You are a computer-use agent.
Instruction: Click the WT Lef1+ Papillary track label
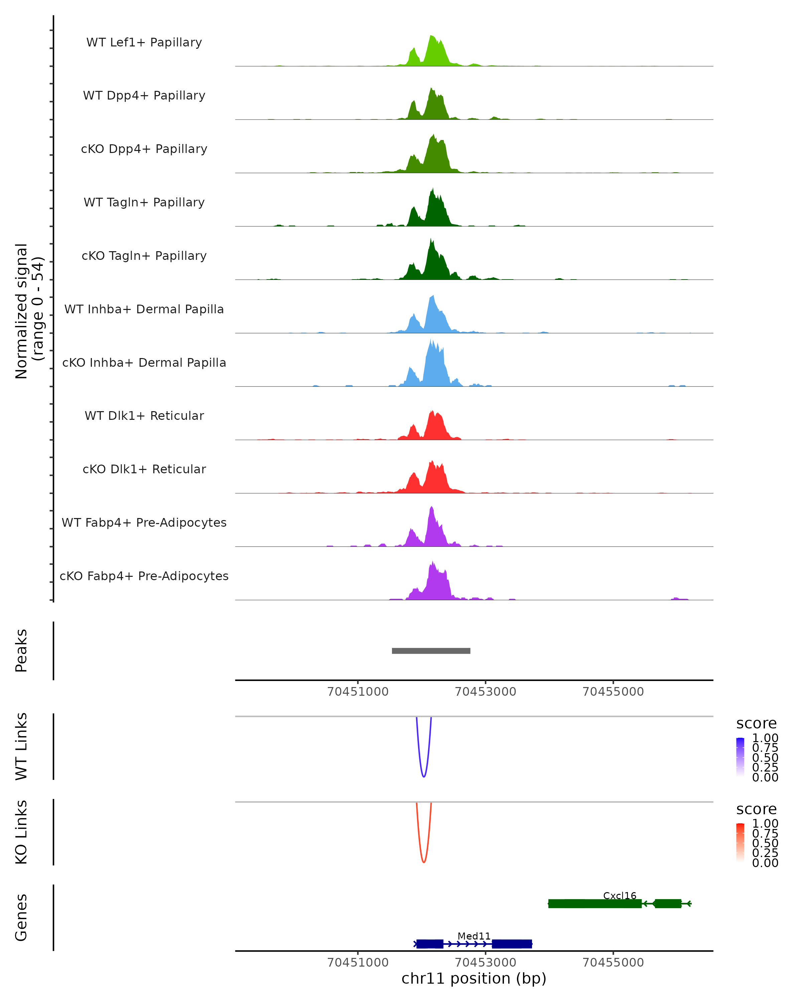click(x=144, y=42)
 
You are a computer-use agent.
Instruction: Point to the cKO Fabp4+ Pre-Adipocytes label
click(x=144, y=576)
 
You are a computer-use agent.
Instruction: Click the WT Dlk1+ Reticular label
click(x=144, y=415)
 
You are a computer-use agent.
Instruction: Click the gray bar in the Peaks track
click(x=431, y=651)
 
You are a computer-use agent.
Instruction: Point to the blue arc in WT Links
click(x=423, y=775)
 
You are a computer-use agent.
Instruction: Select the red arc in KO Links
click(x=423, y=861)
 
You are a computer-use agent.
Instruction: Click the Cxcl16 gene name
click(x=619, y=895)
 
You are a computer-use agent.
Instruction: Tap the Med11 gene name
click(x=474, y=936)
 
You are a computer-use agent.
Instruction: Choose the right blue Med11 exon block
click(x=511, y=944)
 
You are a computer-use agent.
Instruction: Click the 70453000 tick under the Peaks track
click(x=486, y=692)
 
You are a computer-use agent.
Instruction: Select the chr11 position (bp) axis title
click(x=474, y=978)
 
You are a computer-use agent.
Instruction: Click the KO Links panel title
click(x=21, y=832)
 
